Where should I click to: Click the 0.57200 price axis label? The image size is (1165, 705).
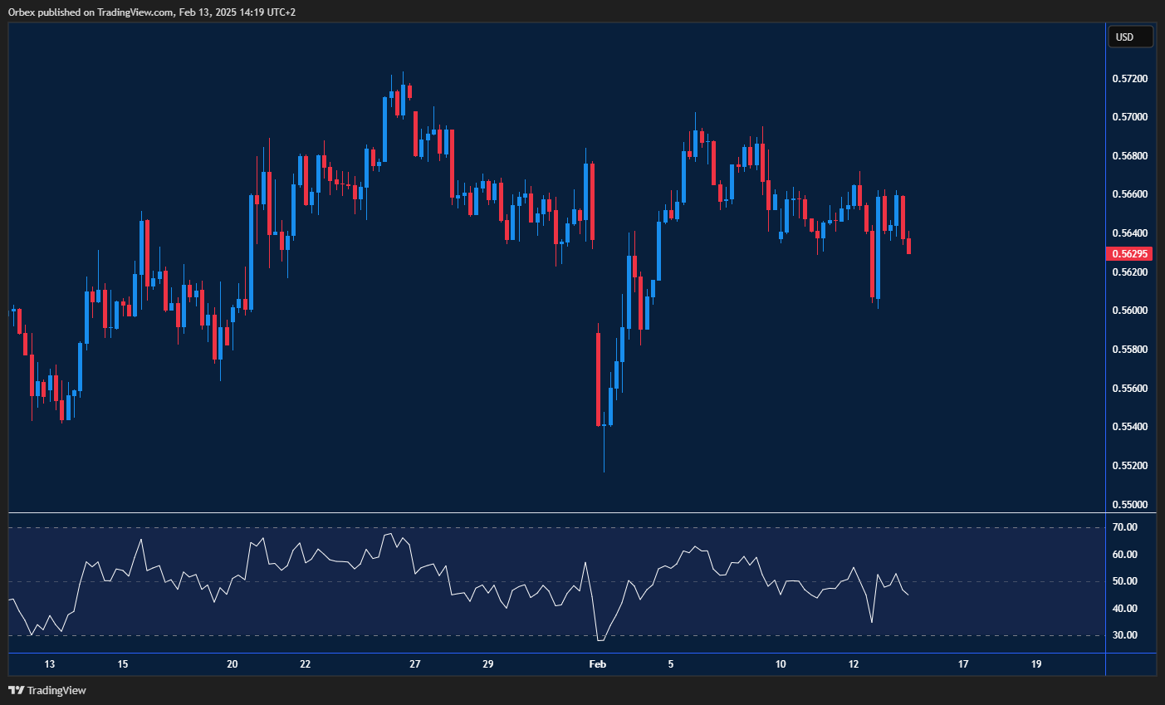coord(1129,79)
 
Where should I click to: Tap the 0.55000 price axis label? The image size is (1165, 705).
coord(1129,505)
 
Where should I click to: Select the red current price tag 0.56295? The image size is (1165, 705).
coord(1129,254)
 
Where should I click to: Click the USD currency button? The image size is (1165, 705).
coord(1129,37)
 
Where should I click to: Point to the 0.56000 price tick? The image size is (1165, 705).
coord(1129,311)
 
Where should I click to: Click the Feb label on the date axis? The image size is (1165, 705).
coord(597,664)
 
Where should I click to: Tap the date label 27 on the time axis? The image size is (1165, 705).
coord(415,664)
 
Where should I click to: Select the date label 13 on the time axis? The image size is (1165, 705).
coord(50,664)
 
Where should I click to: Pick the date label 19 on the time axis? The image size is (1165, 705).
coord(1036,664)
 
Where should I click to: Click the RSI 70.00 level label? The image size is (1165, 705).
coord(1125,527)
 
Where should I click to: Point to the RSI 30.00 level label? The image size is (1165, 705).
coord(1125,635)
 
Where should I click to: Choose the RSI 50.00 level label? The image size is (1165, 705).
coord(1125,581)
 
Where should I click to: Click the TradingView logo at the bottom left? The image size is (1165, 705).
coord(47,690)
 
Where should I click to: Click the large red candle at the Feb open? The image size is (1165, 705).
coord(598,379)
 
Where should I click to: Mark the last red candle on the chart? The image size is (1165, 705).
coord(909,246)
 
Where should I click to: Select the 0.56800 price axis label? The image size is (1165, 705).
coord(1129,156)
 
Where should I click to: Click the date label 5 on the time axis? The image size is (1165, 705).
coord(671,664)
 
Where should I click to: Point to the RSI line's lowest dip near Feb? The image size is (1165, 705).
coord(600,640)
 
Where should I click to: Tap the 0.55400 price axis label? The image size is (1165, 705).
coord(1129,427)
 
